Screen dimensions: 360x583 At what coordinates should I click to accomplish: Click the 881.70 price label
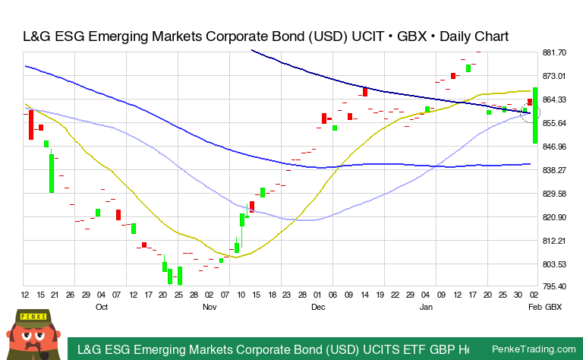[x=555, y=52]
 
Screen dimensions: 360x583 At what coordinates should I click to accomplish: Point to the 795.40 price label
[x=555, y=286]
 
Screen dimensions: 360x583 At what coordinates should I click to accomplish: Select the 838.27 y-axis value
[x=555, y=170]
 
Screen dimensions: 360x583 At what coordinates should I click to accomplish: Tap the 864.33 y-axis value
[x=555, y=99]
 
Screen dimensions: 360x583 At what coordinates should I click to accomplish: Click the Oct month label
[x=102, y=307]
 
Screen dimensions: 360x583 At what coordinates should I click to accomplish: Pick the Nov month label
[x=210, y=307]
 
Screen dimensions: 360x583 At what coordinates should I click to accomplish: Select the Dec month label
[x=317, y=307]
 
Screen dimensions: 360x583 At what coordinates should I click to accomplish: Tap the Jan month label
[x=426, y=307]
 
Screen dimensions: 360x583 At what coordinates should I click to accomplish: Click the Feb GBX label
[x=545, y=307]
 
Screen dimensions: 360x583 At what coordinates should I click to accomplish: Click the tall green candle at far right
[x=535, y=115]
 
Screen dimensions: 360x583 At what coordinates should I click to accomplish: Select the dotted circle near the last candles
[x=530, y=114]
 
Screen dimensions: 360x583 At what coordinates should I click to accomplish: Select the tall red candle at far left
[x=31, y=125]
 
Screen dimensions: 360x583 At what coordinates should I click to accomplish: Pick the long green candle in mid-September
[x=52, y=173]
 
